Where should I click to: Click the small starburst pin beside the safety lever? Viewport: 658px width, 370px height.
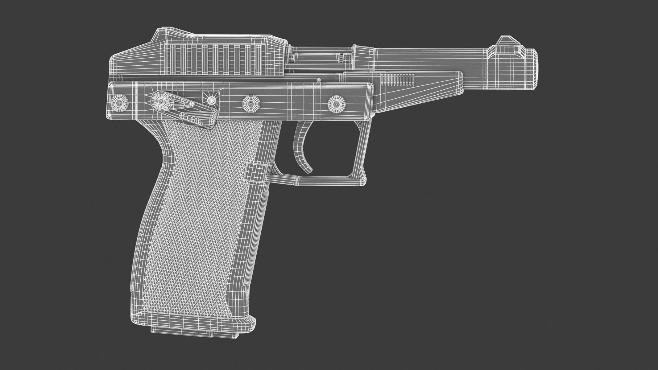pyautogui.click(x=211, y=100)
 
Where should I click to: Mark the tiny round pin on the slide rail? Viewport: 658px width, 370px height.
pyautogui.click(x=319, y=80)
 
